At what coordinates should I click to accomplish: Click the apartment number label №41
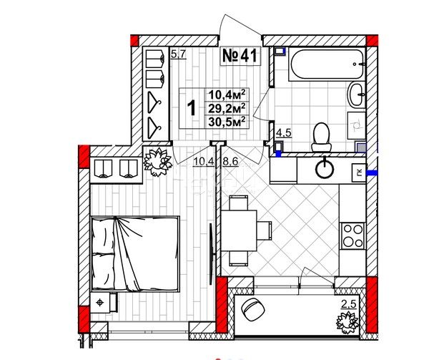(240, 56)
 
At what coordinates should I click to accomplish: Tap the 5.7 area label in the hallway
(179, 54)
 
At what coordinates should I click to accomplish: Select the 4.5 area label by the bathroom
(284, 133)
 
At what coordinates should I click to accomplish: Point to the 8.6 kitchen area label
(230, 161)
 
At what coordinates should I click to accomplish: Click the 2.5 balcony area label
(348, 304)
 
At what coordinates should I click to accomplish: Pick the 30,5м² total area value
(227, 122)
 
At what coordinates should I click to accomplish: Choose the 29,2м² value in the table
(227, 108)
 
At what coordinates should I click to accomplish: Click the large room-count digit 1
(192, 108)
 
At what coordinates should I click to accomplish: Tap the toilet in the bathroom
(321, 137)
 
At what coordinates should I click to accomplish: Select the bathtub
(326, 64)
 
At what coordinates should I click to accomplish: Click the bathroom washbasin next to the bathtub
(357, 94)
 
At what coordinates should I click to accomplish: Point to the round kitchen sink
(325, 168)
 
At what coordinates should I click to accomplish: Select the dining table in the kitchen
(239, 230)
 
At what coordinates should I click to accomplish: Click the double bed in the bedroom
(135, 254)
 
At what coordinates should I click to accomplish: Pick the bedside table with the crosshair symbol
(102, 303)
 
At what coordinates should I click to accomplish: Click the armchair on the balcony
(253, 309)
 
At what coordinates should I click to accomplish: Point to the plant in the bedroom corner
(157, 162)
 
